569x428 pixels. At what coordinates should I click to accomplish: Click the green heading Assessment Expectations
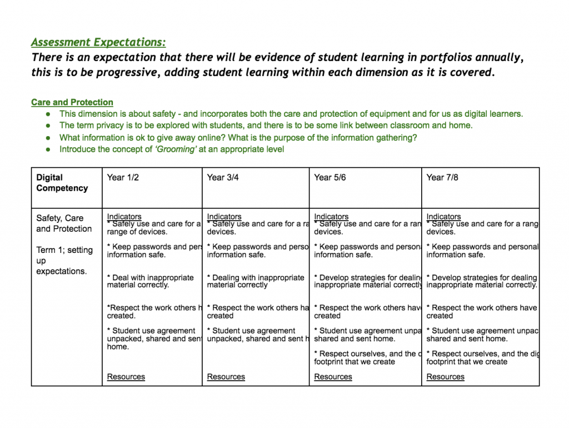[x=98, y=43]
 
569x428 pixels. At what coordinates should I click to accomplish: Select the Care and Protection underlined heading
[x=72, y=102]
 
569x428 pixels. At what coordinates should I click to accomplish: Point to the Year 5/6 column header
[x=330, y=177]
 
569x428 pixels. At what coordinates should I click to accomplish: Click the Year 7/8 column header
[x=442, y=177]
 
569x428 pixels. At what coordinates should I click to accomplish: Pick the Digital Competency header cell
[x=62, y=183]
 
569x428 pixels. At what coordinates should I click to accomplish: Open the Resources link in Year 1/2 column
[x=126, y=377]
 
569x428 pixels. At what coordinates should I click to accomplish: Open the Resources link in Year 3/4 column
[x=226, y=377]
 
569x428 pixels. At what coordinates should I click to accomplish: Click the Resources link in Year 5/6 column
[x=333, y=377]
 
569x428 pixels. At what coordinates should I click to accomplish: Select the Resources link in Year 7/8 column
[x=445, y=377]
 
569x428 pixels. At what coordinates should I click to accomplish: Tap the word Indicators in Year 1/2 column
[x=124, y=217]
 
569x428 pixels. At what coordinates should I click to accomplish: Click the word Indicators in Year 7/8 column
[x=444, y=217]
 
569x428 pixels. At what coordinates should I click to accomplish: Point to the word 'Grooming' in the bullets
[x=176, y=149]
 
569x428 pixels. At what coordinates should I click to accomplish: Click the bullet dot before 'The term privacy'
[x=48, y=126]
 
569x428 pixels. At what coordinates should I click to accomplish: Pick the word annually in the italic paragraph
[x=495, y=58]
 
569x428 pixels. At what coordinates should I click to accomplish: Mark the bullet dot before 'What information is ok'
[x=48, y=137]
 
